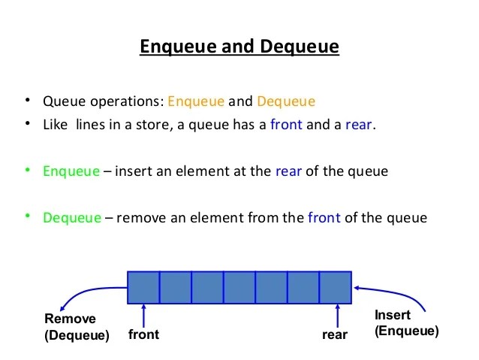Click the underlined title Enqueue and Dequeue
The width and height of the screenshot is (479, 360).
coord(239,47)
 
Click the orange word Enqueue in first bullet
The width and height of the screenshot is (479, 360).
coord(195,101)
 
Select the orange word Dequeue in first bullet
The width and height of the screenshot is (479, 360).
coord(286,101)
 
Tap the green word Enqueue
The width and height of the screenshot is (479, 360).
coord(71,171)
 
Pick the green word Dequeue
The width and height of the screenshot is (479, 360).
coord(72,218)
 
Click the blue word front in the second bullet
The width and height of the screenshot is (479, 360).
coord(286,125)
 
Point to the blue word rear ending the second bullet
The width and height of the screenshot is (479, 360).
coord(358,125)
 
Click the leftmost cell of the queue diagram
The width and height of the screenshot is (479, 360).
coord(143,286)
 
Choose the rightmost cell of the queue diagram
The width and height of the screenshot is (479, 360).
coord(336,286)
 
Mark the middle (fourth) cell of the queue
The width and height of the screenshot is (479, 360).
coord(239,286)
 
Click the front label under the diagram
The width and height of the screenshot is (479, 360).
coord(143,334)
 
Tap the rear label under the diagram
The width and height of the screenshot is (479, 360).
coord(335,334)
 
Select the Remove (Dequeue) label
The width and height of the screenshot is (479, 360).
coord(77,327)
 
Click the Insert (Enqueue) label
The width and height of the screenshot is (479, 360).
coord(406,322)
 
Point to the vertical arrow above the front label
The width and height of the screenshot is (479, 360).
coord(143,314)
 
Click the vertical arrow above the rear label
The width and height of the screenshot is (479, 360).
coord(338,314)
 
